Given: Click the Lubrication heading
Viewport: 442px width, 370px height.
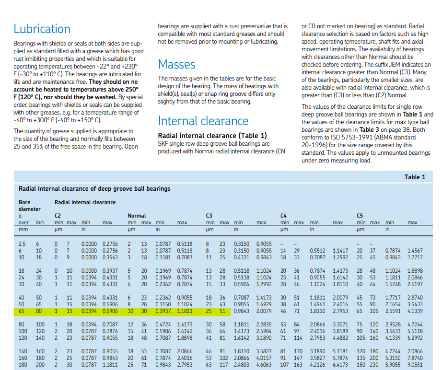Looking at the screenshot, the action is (42, 29).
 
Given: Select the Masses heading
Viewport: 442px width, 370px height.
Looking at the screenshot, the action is (176, 64).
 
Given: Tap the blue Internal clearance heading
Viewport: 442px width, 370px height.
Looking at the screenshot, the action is (203, 121).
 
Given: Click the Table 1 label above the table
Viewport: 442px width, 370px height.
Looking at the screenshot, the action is (415, 177).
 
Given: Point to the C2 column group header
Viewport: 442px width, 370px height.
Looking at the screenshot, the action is (58, 216).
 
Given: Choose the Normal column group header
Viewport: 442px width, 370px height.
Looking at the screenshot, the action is (137, 216).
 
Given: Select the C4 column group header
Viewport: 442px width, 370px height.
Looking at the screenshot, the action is (283, 216).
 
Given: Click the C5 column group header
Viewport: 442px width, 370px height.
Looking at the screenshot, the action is (360, 216).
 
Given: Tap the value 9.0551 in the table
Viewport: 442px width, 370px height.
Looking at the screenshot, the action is (415, 365).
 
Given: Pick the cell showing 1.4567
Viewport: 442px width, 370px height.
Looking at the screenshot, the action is (415, 251).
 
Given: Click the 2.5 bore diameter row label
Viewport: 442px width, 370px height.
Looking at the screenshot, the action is (22, 244).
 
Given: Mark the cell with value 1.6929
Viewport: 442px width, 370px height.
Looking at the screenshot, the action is (264, 304).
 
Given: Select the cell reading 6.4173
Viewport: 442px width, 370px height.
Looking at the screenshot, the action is (340, 365).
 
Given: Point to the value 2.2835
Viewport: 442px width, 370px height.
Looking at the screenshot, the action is (264, 324).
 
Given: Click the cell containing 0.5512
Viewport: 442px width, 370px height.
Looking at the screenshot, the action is (317, 251).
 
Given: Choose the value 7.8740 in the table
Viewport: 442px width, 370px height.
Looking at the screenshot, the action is (415, 358).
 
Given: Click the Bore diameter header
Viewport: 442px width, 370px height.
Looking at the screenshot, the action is (30, 206).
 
